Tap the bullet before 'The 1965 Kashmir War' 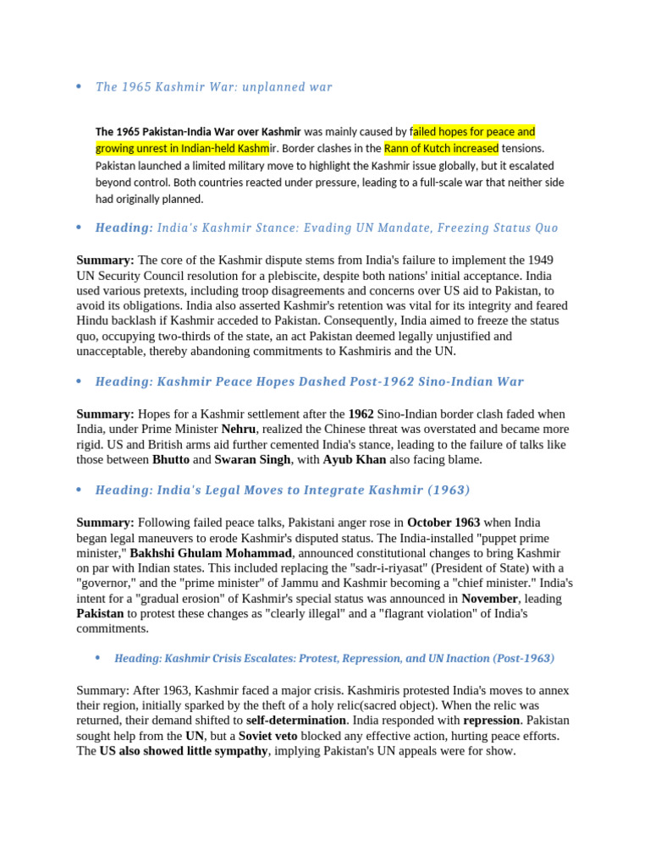(x=79, y=87)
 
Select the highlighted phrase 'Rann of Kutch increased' (x=441, y=149)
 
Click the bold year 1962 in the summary (x=361, y=414)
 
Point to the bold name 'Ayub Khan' (x=355, y=460)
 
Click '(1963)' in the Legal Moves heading (x=449, y=491)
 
